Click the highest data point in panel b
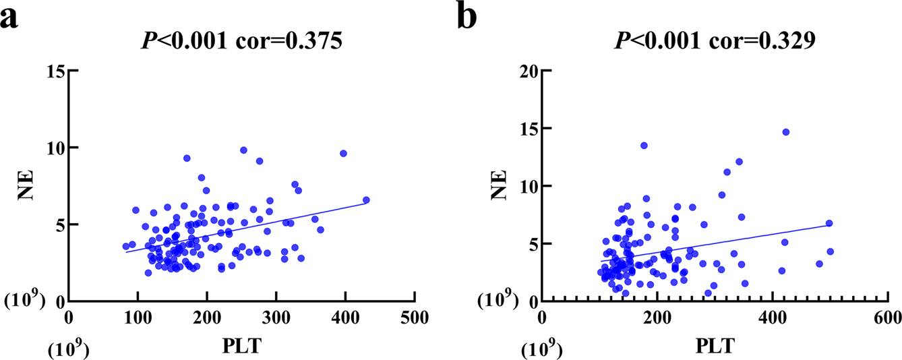tap(785, 132)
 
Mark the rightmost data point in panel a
tap(366, 200)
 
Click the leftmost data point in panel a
tap(125, 246)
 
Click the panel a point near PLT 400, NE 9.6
tap(343, 154)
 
